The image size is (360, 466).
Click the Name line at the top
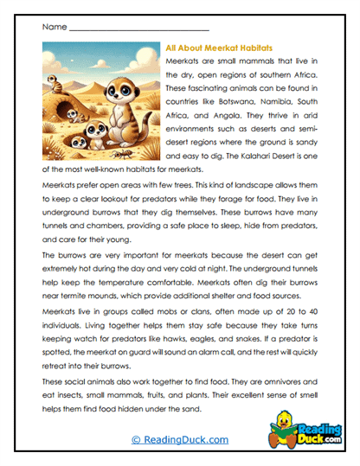coord(138,29)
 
